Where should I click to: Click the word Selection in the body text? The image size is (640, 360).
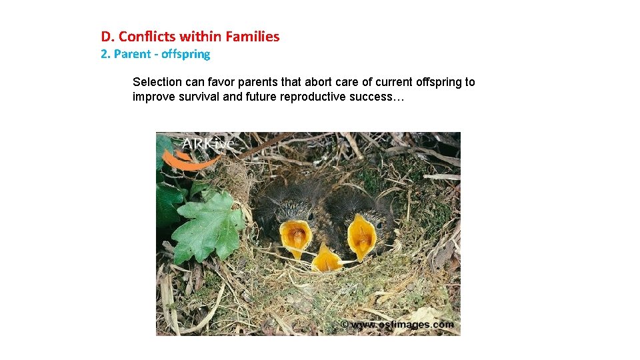pyautogui.click(x=157, y=82)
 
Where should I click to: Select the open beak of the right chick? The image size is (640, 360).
pyautogui.click(x=362, y=236)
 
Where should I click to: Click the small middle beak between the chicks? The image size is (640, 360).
pyautogui.click(x=327, y=259)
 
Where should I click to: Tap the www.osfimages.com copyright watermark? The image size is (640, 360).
pyautogui.click(x=397, y=325)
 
